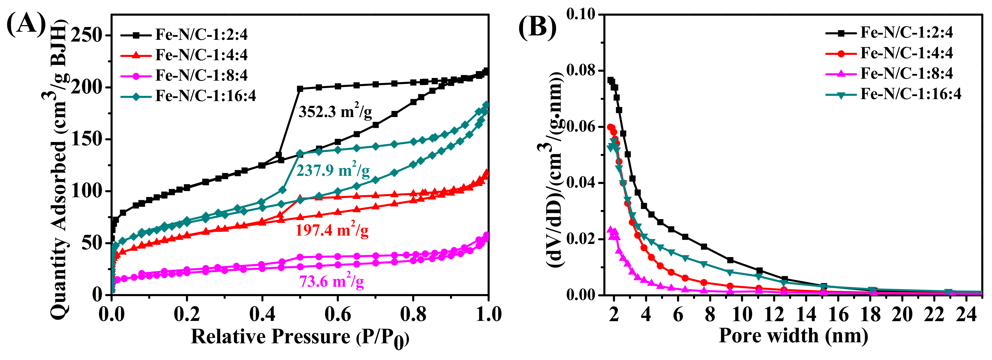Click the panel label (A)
click(26, 24)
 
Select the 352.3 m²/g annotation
click(335, 112)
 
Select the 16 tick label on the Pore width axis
click(838, 315)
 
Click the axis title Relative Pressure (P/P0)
click(300, 337)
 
